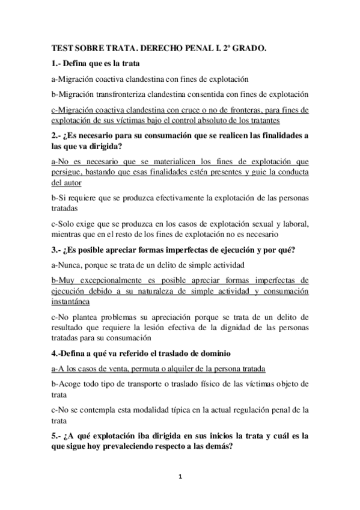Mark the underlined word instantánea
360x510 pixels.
click(70, 301)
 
